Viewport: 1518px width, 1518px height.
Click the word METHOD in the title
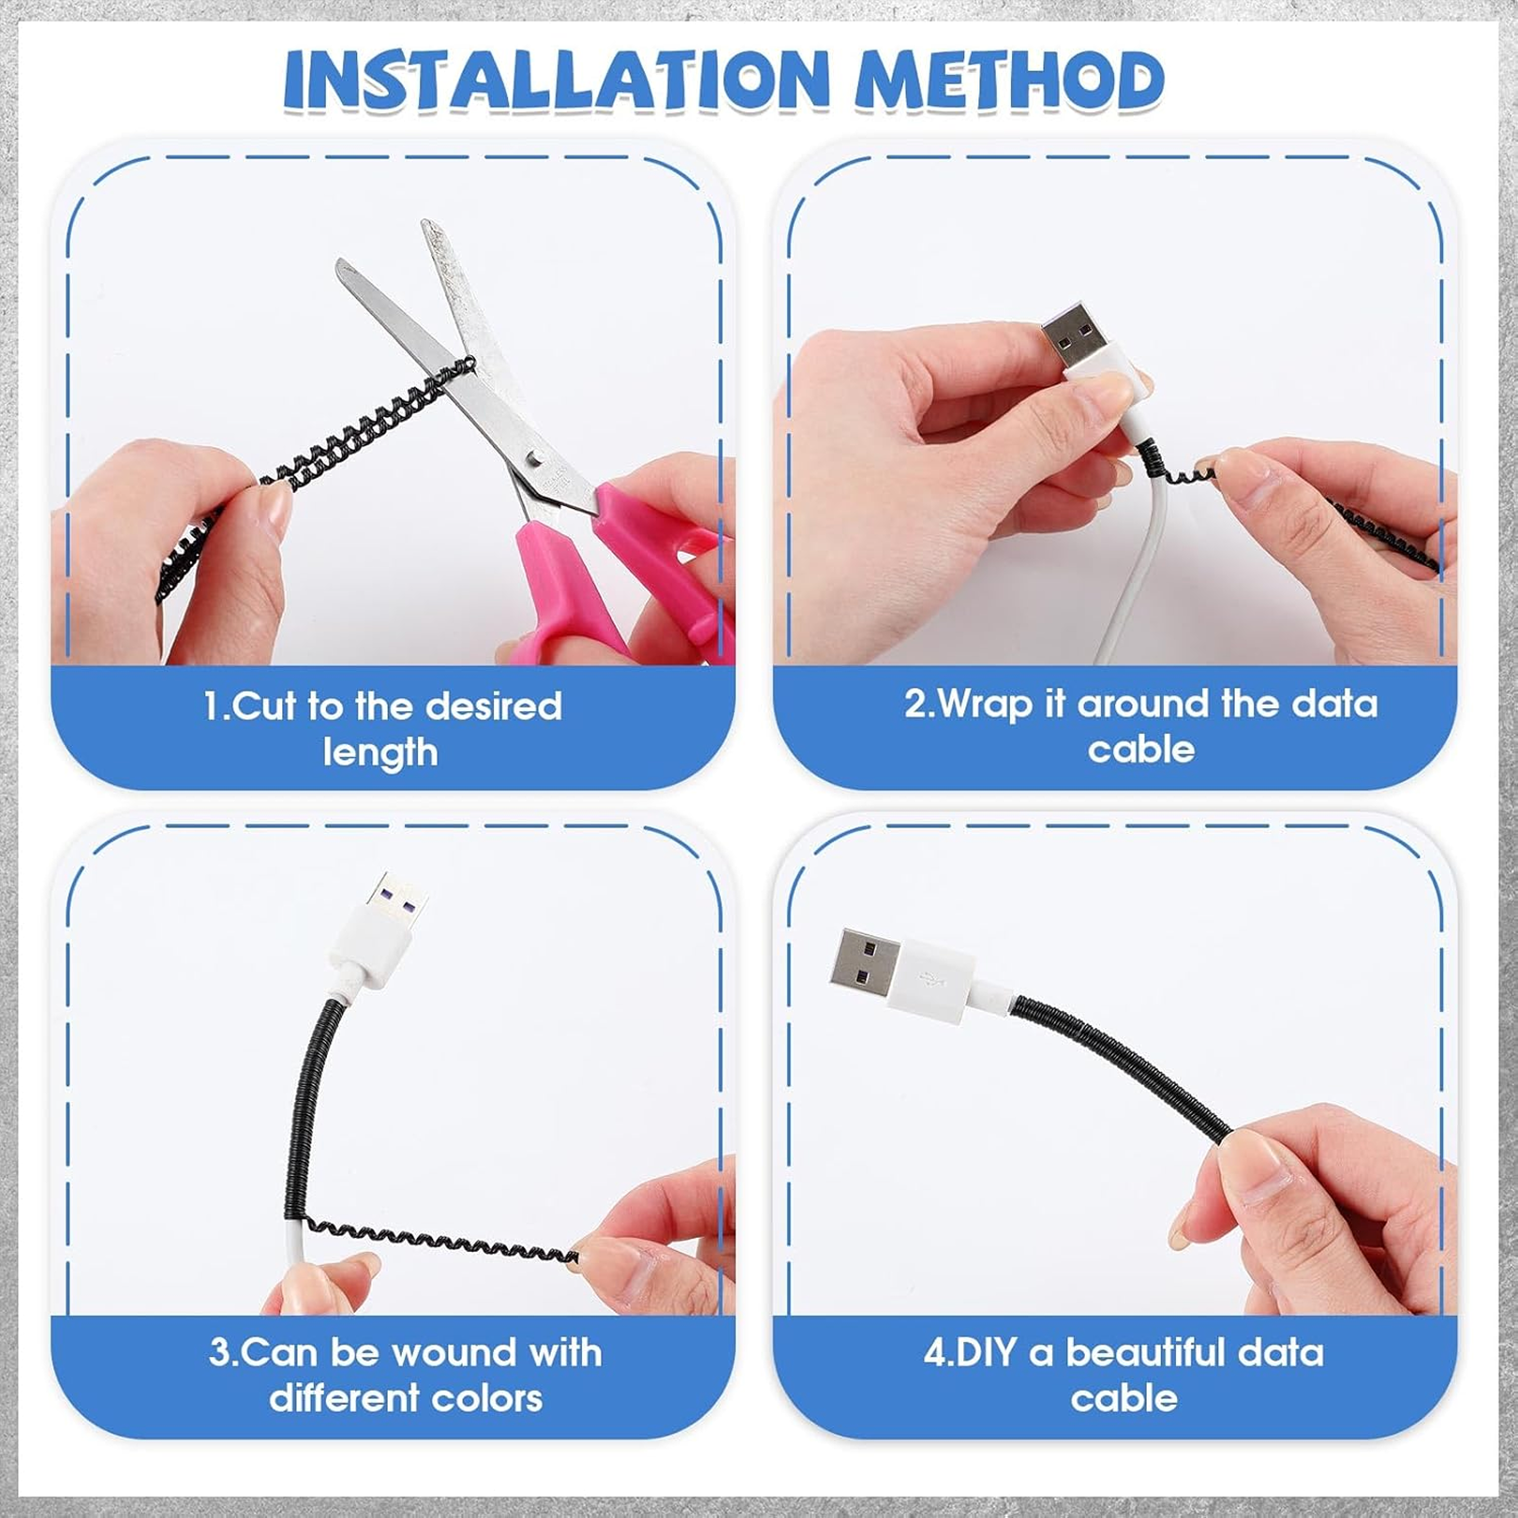[1009, 81]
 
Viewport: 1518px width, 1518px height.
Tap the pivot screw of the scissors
[535, 457]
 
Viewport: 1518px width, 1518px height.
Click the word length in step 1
[380, 752]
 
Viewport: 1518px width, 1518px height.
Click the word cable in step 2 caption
[1140, 750]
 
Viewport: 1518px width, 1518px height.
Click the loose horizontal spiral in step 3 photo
[440, 1239]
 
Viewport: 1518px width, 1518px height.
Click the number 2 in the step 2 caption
[915, 704]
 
